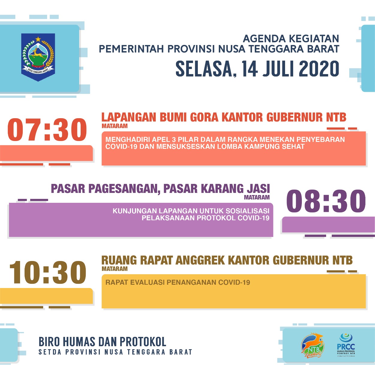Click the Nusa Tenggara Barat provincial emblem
coord(38,57)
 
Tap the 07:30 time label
coord(47,130)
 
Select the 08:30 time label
coord(326,201)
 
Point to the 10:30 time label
coord(48,272)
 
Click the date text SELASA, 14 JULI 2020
coord(257,69)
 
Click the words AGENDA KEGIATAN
coord(291,39)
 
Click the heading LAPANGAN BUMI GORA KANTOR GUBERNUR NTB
coord(224,117)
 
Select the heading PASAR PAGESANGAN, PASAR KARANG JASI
coord(160,189)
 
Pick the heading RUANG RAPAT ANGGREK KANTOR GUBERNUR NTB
coord(227,260)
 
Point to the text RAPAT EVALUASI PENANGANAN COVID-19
coord(178,282)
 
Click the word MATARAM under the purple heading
coord(257,197)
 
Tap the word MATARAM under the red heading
coord(115,126)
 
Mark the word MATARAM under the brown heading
coord(115,269)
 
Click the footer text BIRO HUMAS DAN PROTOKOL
coord(102,342)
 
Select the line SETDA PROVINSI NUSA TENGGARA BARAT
coord(115,352)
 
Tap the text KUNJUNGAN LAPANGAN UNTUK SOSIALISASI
coord(191,211)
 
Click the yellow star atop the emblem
coord(38,39)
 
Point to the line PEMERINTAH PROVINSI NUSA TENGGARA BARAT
coord(219,49)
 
